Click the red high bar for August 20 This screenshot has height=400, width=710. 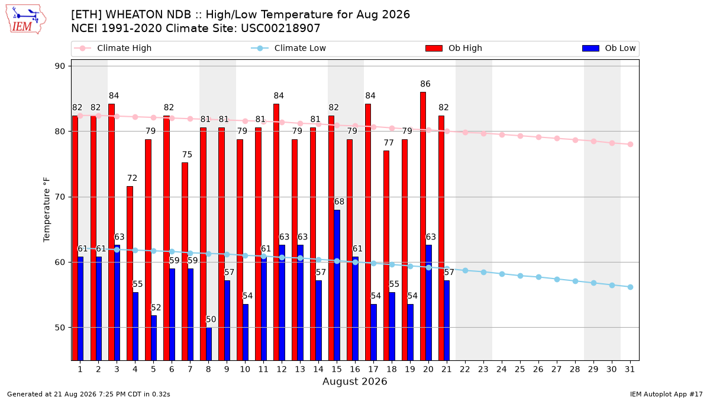[x=423, y=226]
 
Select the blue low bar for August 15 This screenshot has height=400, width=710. [x=337, y=285]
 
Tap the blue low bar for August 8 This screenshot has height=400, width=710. [x=208, y=344]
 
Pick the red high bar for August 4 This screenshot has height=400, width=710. [x=130, y=273]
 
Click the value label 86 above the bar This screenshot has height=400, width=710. [x=425, y=84]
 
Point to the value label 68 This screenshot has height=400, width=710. [x=339, y=201]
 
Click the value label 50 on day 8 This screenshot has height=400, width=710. [x=211, y=319]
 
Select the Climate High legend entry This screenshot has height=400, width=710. [x=113, y=48]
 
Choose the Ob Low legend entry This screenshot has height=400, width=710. [x=609, y=48]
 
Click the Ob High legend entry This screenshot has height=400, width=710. [x=454, y=48]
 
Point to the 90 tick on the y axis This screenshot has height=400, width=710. [x=60, y=66]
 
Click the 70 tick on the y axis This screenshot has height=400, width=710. [x=60, y=197]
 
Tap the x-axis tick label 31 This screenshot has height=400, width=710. [x=630, y=369]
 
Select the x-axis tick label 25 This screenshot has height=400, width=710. [x=520, y=369]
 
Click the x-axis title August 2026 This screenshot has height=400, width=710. [x=354, y=381]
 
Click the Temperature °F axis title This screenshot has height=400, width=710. [x=47, y=210]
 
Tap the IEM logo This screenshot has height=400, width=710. [x=26, y=20]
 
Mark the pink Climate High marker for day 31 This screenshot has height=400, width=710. [x=630, y=144]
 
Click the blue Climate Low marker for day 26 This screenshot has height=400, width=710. [x=538, y=277]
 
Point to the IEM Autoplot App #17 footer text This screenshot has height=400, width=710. [x=666, y=394]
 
